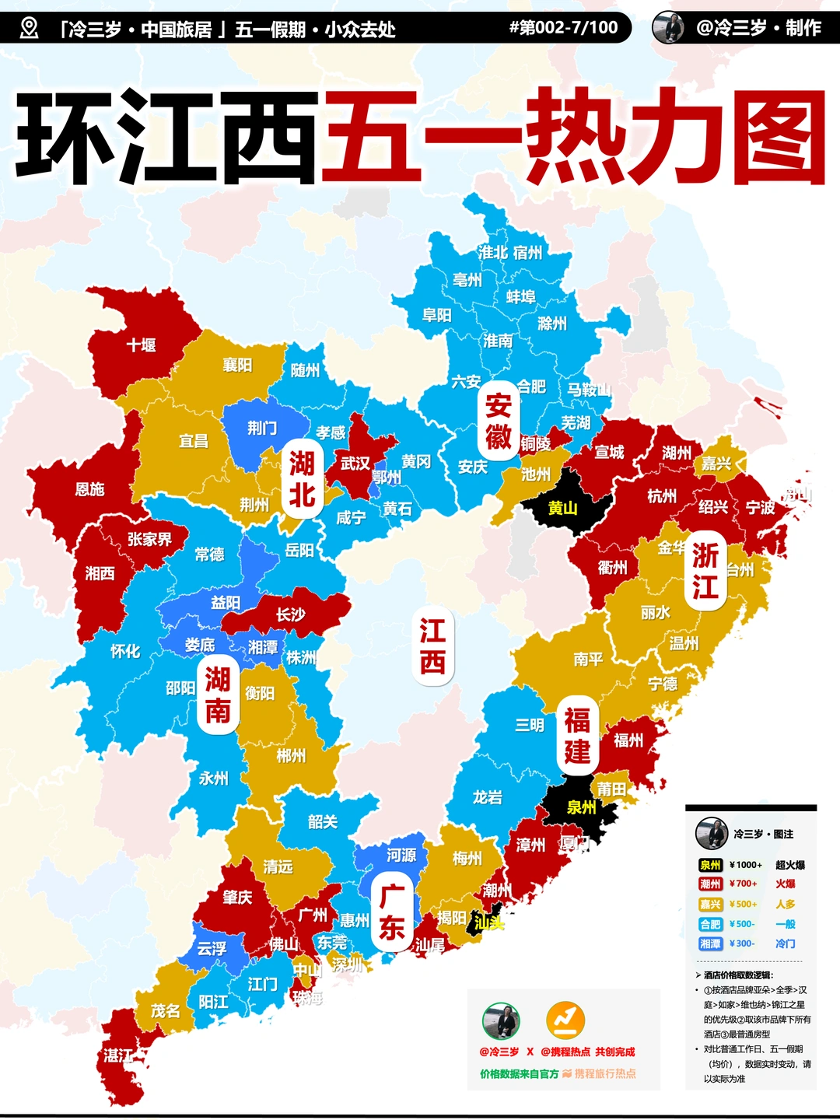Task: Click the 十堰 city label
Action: click(142, 345)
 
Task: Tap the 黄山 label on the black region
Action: click(562, 508)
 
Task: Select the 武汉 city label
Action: click(355, 464)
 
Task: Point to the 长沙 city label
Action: click(291, 614)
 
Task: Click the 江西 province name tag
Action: click(432, 646)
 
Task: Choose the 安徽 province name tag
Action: click(498, 421)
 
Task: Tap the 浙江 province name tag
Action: click(705, 571)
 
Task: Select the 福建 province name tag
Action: click(577, 736)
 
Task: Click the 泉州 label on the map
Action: click(581, 807)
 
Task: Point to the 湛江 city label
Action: click(118, 1055)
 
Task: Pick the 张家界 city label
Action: click(149, 538)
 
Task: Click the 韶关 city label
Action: click(323, 821)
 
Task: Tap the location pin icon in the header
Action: click(29, 29)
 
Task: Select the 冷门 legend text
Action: click(785, 943)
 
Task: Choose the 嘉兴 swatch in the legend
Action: click(710, 904)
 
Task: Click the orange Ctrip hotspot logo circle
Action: click(565, 1020)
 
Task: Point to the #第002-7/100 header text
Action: click(563, 28)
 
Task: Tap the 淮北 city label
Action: click(493, 252)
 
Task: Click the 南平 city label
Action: click(588, 660)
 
